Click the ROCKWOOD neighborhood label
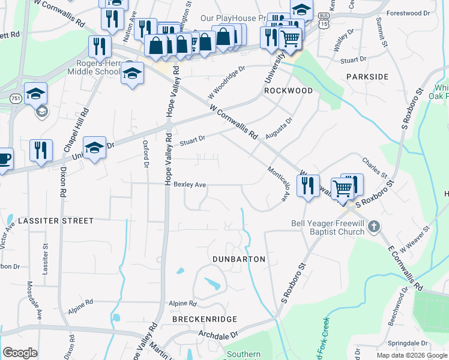tap(288, 90)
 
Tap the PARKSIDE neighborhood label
tap(367, 77)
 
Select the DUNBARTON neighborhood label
tap(239, 259)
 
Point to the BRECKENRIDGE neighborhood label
tap(205, 319)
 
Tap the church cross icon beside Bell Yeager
tap(374, 227)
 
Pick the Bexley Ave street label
tap(190, 184)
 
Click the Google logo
tap(20, 353)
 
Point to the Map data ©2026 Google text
tap(411, 355)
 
